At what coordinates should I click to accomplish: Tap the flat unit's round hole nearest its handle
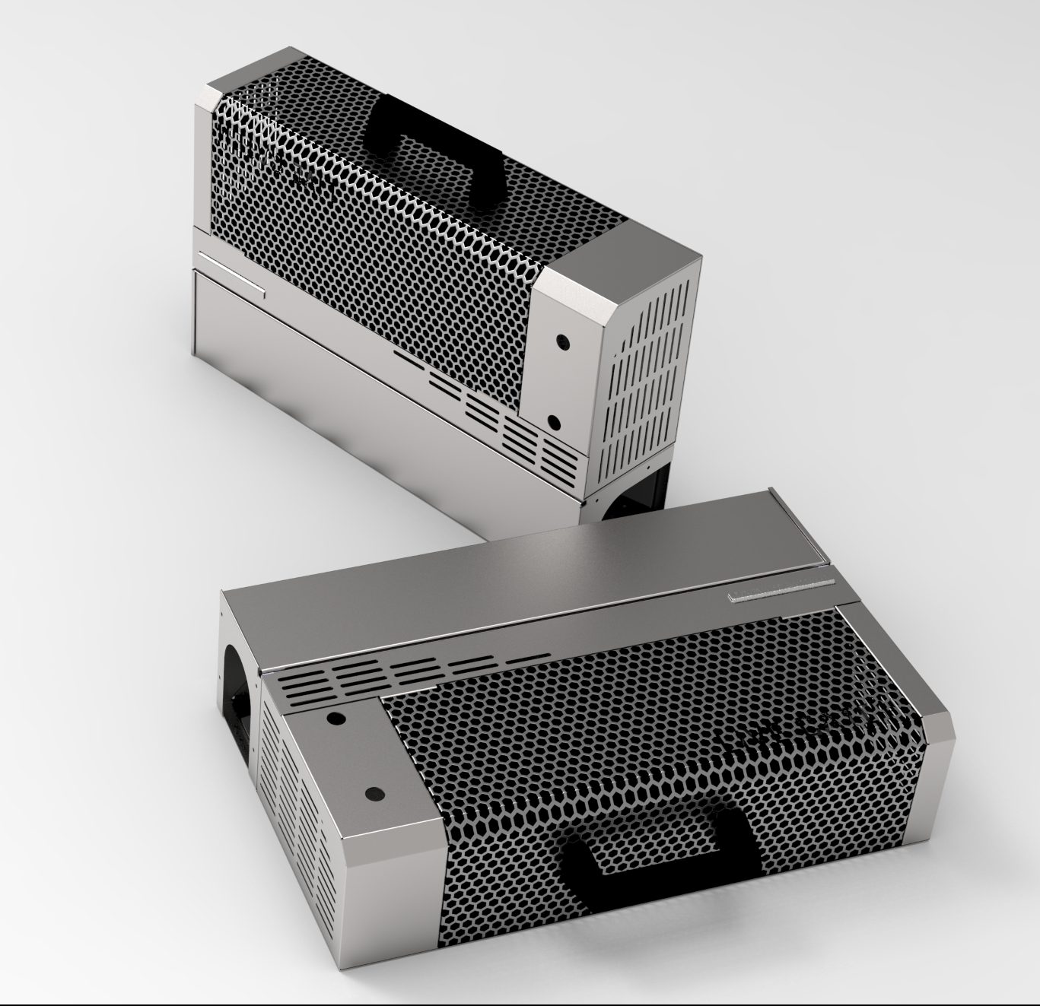tap(372, 793)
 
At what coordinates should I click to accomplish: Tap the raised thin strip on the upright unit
tap(228, 274)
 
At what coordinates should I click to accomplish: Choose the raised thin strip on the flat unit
tap(780, 590)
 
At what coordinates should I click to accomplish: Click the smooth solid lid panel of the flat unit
tap(533, 578)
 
